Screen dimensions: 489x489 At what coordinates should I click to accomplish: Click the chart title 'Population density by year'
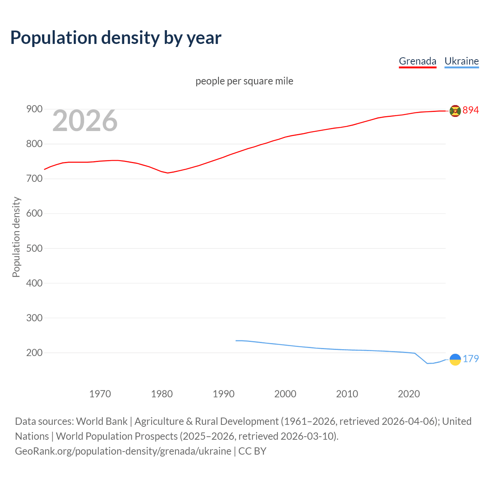(116, 38)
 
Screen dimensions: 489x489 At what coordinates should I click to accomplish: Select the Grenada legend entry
(417, 61)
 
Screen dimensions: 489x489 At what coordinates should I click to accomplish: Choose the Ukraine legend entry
(461, 61)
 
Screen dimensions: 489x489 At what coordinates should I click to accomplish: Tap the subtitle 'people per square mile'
(244, 81)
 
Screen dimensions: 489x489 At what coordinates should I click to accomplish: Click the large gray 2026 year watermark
(85, 121)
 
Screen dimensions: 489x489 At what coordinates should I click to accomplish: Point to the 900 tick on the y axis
(34, 109)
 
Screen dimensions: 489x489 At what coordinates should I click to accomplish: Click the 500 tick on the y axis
(34, 248)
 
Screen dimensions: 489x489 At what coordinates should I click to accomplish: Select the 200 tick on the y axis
(34, 353)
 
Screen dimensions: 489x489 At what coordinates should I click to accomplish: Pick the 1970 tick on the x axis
(100, 394)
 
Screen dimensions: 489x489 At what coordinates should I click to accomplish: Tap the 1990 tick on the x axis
(223, 394)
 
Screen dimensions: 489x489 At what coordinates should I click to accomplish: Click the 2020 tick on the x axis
(409, 394)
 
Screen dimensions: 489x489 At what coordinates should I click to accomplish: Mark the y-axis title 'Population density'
(16, 237)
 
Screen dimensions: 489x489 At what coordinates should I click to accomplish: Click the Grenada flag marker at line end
(455, 111)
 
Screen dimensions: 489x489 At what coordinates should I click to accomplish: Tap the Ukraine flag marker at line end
(455, 359)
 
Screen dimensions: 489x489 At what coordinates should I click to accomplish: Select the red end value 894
(471, 110)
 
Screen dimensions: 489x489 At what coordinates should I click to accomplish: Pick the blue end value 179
(471, 359)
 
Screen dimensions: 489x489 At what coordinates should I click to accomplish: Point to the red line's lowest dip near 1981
(167, 173)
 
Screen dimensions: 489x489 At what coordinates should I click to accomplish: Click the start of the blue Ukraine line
(236, 340)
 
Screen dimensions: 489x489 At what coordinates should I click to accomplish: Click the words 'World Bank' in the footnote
(102, 421)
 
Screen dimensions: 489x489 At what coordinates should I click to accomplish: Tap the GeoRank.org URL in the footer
(123, 451)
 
